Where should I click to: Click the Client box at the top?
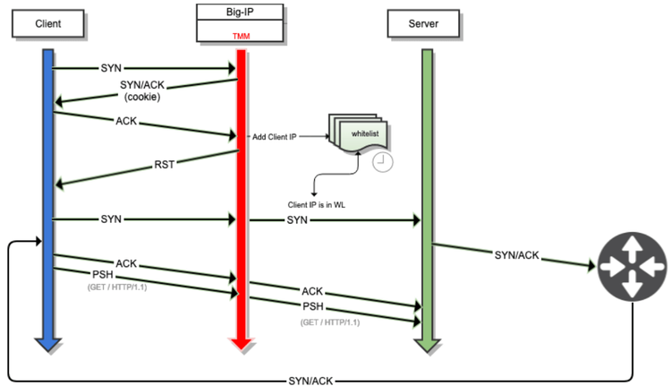(x=48, y=23)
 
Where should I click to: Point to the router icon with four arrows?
(x=632, y=266)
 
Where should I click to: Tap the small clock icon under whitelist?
(x=382, y=161)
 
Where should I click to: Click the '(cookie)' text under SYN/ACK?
(x=140, y=97)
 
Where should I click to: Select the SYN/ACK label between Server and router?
(x=516, y=255)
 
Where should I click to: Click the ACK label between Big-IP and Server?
(x=312, y=291)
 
